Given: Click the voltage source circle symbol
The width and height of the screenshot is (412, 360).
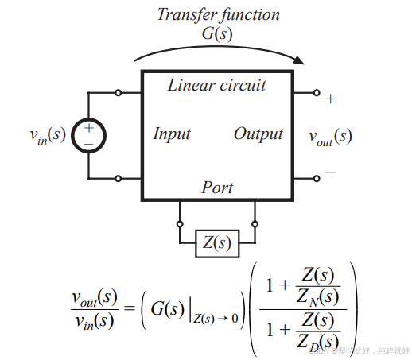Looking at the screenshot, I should click(88, 135).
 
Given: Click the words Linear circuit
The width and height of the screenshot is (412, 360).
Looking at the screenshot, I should click(217, 85).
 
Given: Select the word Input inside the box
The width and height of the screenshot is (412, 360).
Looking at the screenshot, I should click(172, 134).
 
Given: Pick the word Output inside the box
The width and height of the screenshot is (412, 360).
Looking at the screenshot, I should click(258, 134).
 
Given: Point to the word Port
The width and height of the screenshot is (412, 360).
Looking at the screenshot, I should click(217, 188).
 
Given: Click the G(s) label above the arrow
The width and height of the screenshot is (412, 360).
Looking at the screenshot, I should click(217, 34).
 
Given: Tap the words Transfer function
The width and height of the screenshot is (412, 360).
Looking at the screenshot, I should click(217, 14).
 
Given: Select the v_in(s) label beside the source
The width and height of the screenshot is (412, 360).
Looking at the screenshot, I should click(43, 135).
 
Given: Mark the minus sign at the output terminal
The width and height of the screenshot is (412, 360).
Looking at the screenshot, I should click(330, 172).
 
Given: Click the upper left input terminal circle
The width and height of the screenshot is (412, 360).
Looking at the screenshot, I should click(119, 92).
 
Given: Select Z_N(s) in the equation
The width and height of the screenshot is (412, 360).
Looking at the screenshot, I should click(317, 296).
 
